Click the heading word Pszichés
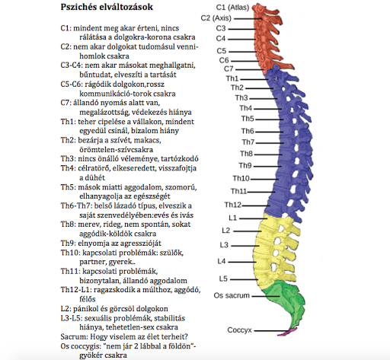(x=78, y=7)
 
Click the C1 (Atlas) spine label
(x=232, y=8)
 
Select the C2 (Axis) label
(x=216, y=18)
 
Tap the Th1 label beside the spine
(x=232, y=78)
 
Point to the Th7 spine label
(x=248, y=142)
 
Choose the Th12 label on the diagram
(x=233, y=205)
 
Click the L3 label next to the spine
(x=224, y=245)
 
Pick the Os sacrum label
(x=232, y=295)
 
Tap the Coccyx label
(x=239, y=330)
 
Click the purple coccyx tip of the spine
(x=291, y=331)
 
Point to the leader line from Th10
(x=264, y=179)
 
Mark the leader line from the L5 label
(x=245, y=279)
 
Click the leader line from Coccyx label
(x=272, y=330)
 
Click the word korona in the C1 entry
(x=161, y=37)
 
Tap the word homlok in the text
(x=91, y=56)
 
